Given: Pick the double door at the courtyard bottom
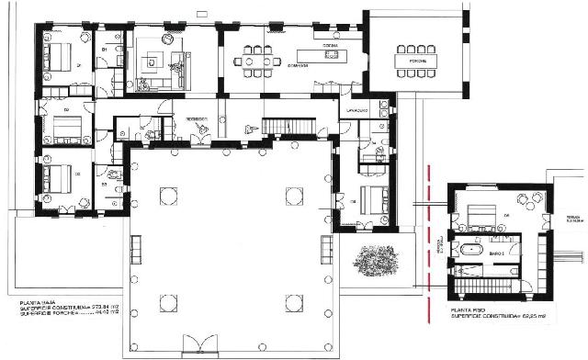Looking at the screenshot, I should (200, 346).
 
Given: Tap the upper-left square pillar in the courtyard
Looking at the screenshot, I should (167, 195).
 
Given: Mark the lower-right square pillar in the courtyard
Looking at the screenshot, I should (294, 302).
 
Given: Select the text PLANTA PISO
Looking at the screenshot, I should (469, 310).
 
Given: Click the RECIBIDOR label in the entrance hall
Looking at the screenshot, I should (196, 119).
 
